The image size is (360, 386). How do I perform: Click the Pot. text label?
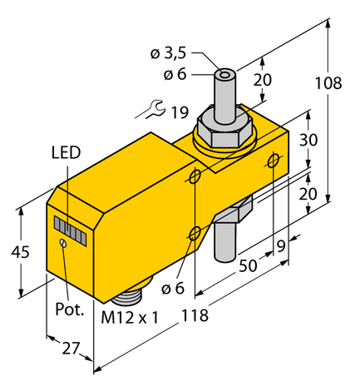[x=70, y=309]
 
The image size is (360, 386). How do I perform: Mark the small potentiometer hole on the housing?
[x=62, y=242]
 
